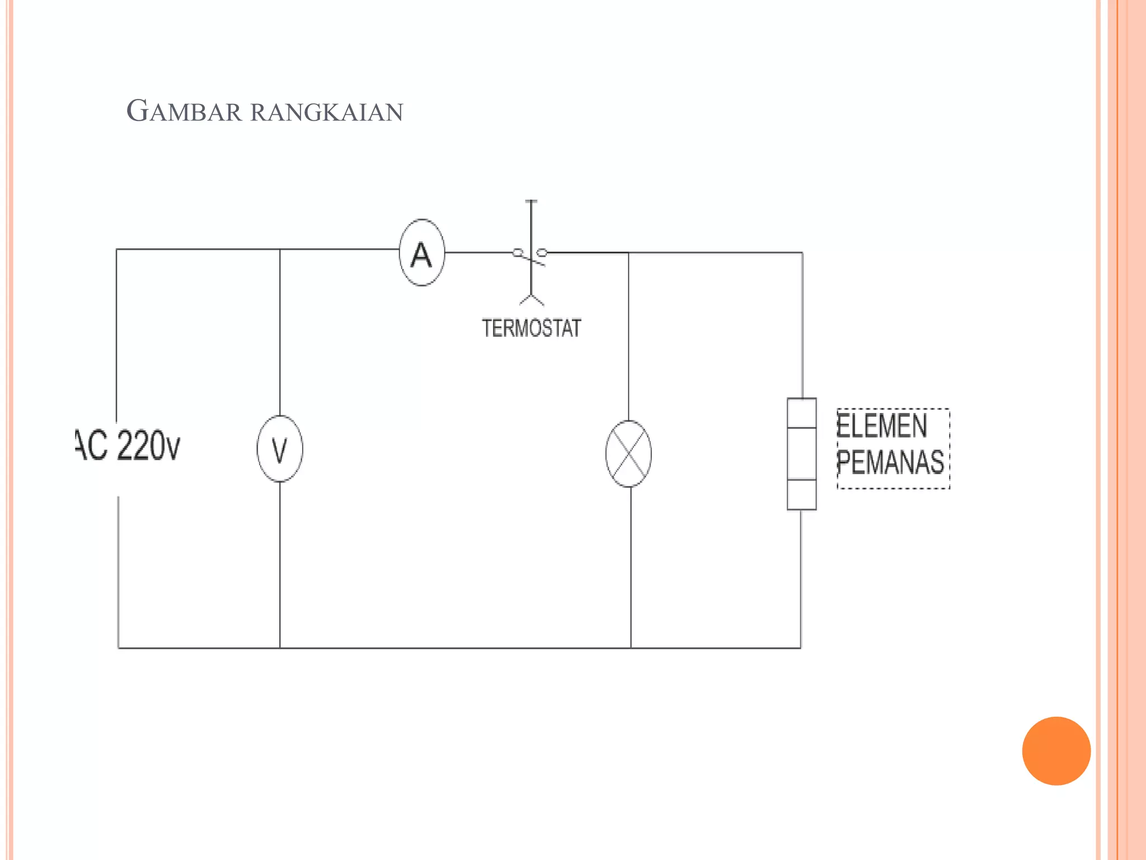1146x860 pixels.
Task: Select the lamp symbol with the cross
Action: coord(628,454)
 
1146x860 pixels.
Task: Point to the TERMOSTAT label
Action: coord(532,328)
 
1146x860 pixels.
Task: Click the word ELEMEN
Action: coord(882,426)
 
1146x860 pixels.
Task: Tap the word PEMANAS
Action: coord(890,462)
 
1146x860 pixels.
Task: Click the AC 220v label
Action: coord(128,446)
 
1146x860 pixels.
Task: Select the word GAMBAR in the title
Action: coord(184,111)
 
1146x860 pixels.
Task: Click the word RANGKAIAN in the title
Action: coord(327,113)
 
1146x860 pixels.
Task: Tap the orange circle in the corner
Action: coord(1056,751)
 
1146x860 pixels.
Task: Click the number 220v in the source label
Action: coord(149,446)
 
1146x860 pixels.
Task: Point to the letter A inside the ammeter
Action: coord(421,255)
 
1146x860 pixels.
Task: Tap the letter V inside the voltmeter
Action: coord(280,450)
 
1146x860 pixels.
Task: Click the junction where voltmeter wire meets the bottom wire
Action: coord(280,648)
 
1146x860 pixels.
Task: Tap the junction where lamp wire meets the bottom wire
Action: coord(631,648)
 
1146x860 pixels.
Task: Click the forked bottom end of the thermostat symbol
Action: coord(532,300)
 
